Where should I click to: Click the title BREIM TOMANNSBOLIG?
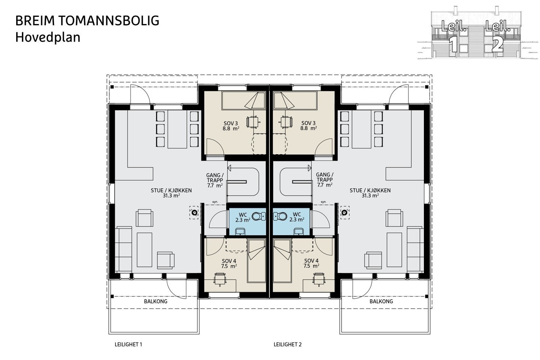(x=87, y=21)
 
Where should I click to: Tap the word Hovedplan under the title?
(x=48, y=37)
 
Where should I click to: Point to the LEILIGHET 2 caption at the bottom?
(x=287, y=344)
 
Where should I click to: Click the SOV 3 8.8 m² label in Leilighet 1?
(x=231, y=126)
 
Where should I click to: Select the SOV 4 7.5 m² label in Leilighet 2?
(x=311, y=263)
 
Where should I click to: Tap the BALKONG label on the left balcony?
(x=156, y=301)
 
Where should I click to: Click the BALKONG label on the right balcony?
(x=381, y=301)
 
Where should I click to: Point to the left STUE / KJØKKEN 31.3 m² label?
(x=171, y=193)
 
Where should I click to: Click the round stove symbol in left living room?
(x=194, y=213)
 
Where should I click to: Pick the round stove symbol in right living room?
(x=345, y=213)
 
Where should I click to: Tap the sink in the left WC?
(x=240, y=231)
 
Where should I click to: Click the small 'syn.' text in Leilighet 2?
(x=323, y=202)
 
